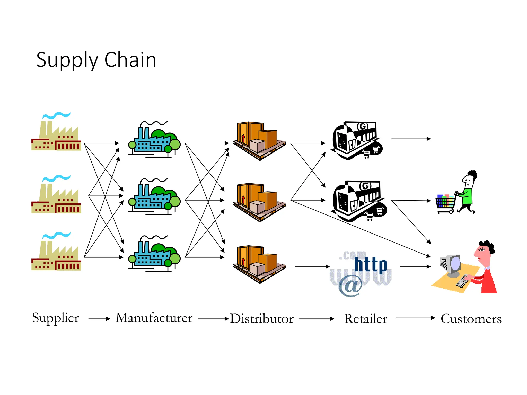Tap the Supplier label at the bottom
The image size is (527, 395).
[x=55, y=318]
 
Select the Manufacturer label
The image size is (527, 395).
[x=154, y=318]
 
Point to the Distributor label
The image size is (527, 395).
[x=261, y=319]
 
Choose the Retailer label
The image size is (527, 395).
[x=365, y=319]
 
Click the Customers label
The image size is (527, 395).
[x=471, y=319]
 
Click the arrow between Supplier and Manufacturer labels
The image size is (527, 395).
[x=99, y=319]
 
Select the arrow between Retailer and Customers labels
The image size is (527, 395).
[x=415, y=318]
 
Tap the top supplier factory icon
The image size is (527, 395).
[x=56, y=136]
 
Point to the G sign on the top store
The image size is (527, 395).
[x=363, y=127]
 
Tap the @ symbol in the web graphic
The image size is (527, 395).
[x=350, y=285]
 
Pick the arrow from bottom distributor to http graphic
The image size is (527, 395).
[x=312, y=267]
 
